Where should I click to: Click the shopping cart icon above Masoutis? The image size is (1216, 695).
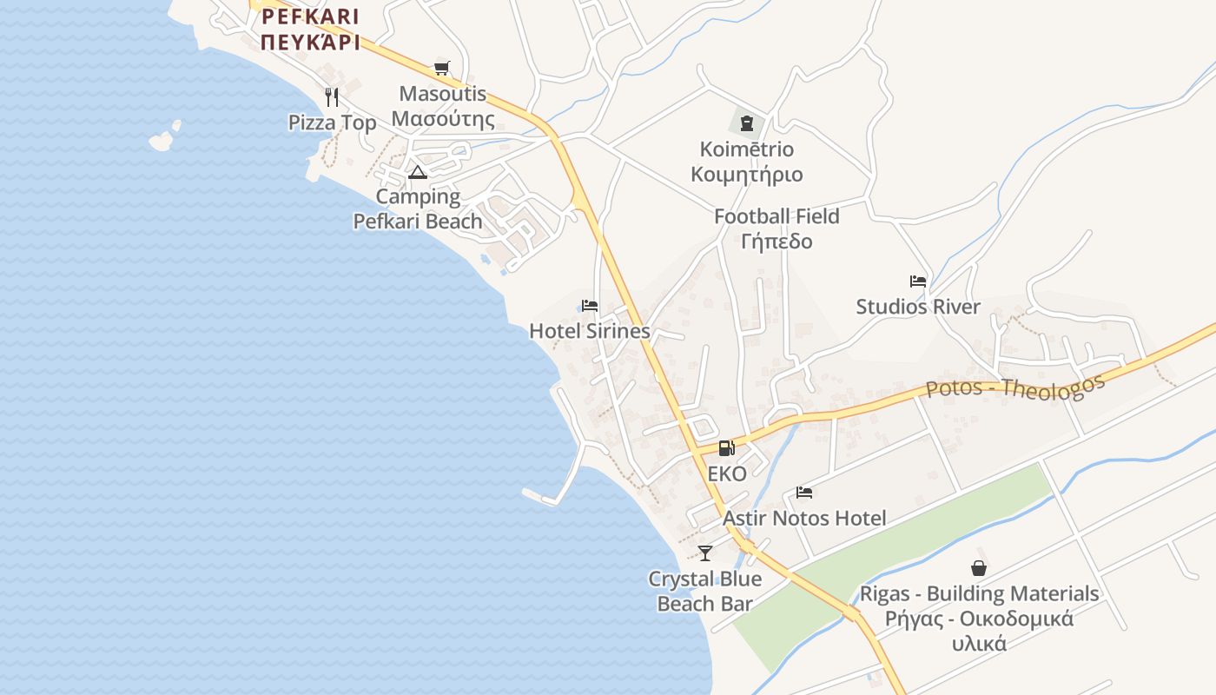click(441, 68)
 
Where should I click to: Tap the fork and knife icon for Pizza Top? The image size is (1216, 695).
click(331, 96)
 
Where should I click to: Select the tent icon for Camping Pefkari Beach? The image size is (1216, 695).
click(418, 172)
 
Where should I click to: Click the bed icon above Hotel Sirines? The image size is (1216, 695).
click(590, 306)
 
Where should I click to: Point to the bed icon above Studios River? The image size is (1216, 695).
click(917, 281)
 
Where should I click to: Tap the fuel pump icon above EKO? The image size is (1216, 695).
click(726, 448)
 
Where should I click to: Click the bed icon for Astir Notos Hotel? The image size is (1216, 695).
click(804, 493)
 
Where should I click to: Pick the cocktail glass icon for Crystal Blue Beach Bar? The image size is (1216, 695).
click(705, 553)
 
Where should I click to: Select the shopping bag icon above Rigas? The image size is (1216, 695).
click(979, 568)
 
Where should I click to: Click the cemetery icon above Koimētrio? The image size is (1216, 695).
click(746, 122)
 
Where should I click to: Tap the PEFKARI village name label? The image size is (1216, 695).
click(310, 17)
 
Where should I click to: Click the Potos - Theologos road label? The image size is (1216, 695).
click(1015, 387)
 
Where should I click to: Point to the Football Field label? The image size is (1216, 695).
click(777, 216)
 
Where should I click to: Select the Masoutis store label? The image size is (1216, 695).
click(442, 94)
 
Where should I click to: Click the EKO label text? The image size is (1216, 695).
click(727, 474)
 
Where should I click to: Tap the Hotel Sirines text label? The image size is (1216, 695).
click(590, 331)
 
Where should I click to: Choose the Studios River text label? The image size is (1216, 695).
click(918, 307)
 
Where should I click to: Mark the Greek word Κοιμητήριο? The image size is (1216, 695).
click(746, 175)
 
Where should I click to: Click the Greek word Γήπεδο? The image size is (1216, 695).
click(777, 242)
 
